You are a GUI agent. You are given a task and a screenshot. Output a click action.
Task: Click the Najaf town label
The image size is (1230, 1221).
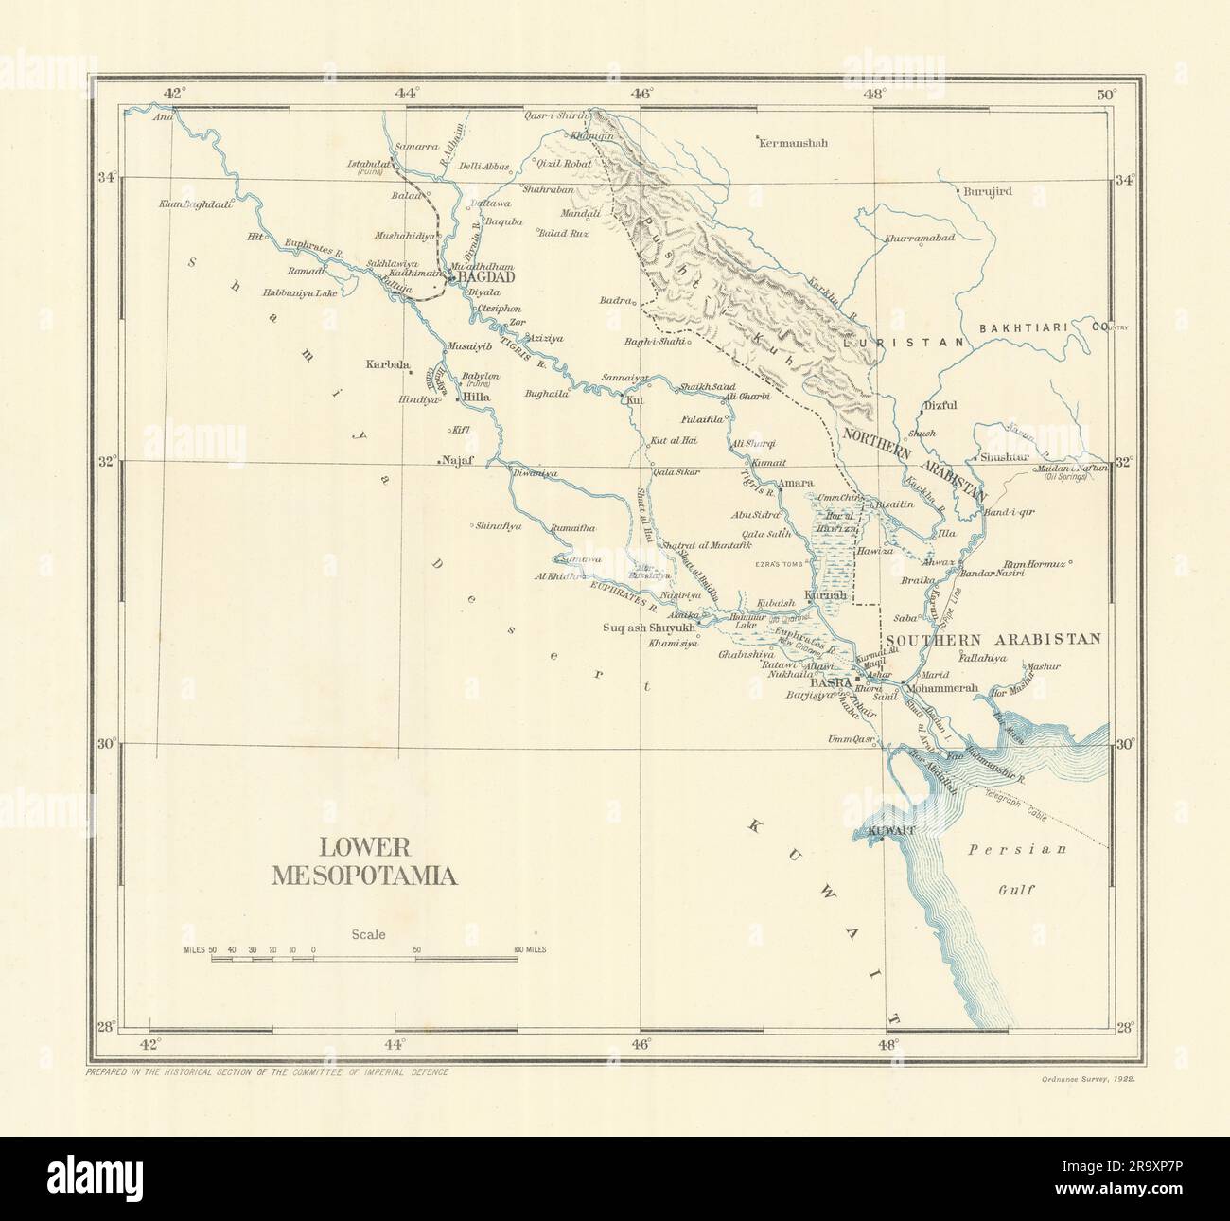[x=457, y=461]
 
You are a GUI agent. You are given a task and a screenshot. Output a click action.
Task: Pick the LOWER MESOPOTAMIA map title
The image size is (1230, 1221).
[x=364, y=862]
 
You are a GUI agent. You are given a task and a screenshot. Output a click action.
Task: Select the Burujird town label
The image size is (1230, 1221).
[x=989, y=191]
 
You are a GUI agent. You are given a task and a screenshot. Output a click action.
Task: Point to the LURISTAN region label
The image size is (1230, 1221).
[x=917, y=342]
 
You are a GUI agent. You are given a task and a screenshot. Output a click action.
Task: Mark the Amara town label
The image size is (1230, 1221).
[x=789, y=482]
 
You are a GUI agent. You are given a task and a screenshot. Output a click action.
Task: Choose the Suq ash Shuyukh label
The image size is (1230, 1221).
[x=649, y=628]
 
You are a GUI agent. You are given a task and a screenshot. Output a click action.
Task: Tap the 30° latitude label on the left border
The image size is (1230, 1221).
[x=106, y=743]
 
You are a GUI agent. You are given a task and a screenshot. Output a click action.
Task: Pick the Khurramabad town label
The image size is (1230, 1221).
[x=920, y=239]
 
